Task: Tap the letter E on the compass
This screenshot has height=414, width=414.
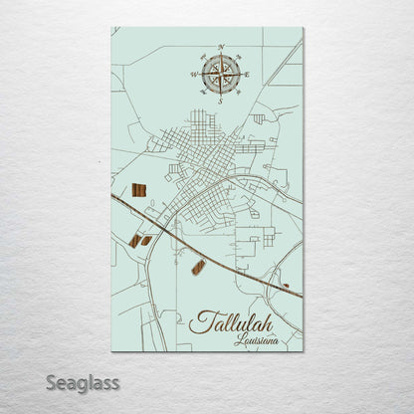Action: [246, 74]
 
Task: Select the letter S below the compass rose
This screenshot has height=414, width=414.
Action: [219, 101]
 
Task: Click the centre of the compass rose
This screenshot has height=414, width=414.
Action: [219, 74]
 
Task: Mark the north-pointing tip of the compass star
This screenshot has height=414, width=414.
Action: [219, 55]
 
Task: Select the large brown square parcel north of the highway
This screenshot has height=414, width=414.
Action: [139, 189]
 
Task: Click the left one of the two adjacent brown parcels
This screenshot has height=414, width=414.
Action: [134, 240]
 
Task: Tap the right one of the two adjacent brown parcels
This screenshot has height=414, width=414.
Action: [146, 239]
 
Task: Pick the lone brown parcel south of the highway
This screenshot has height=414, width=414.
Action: [198, 266]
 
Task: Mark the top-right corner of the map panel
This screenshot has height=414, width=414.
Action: [303, 28]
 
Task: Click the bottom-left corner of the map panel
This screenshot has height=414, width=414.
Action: [111, 351]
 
